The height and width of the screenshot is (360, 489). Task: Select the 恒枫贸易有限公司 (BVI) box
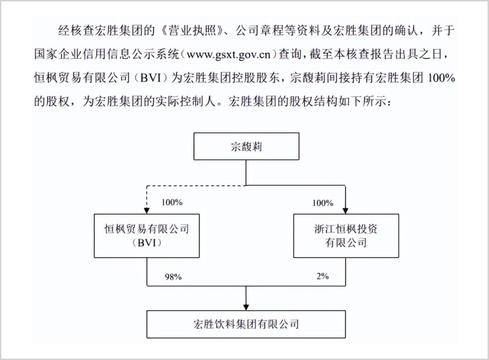[147, 235]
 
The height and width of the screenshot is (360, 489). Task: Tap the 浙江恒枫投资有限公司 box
[346, 235]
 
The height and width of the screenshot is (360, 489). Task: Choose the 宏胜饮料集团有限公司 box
[246, 324]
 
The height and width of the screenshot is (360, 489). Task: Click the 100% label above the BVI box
[172, 203]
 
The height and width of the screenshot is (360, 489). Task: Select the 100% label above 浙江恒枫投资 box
[323, 203]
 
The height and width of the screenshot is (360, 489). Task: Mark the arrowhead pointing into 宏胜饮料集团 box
[246, 306]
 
